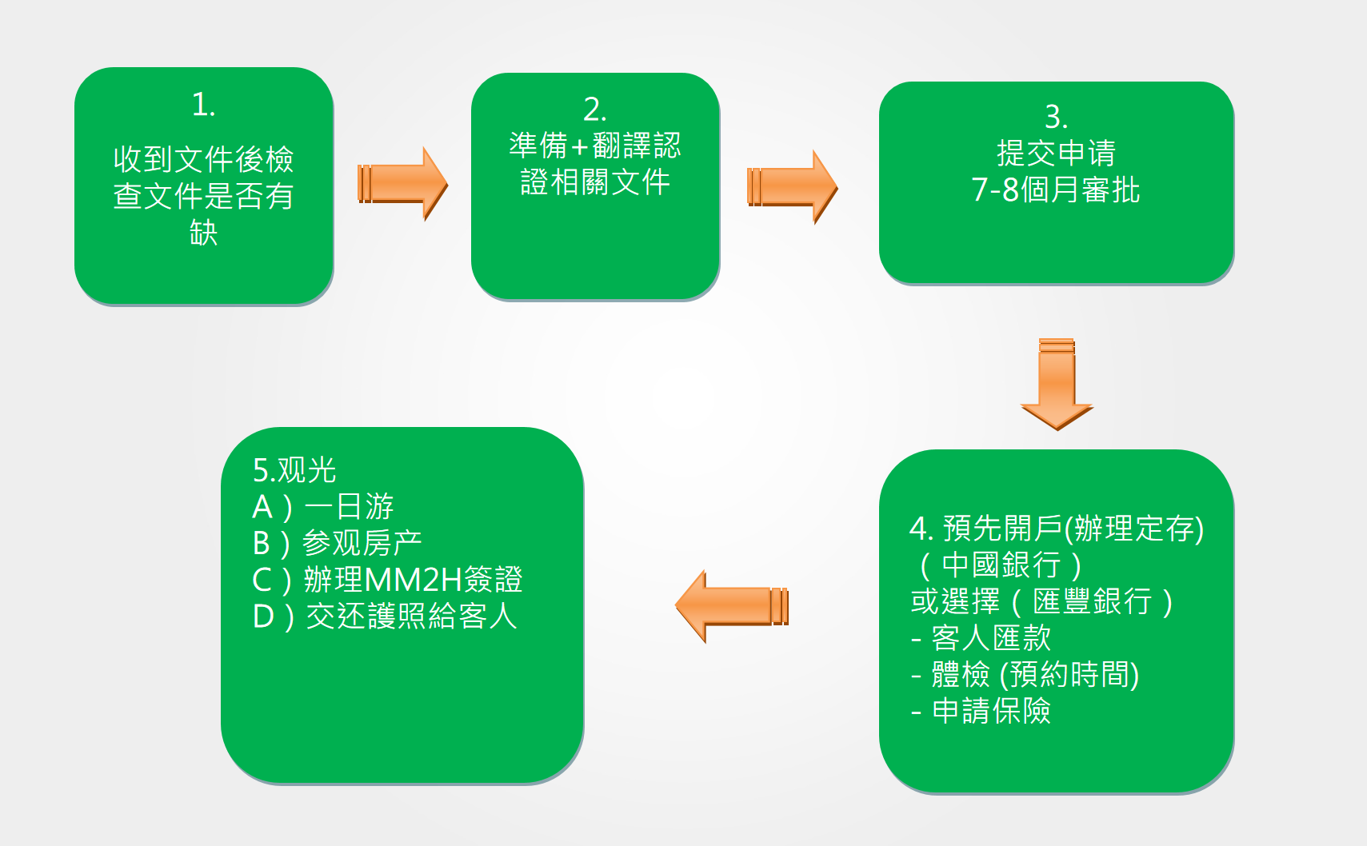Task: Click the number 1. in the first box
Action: [x=203, y=104]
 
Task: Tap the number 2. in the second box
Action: [x=595, y=110]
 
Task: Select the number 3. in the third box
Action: [x=1057, y=116]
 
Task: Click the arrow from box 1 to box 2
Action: [x=403, y=184]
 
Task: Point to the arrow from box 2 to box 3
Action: [x=792, y=186]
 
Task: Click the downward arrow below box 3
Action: [x=1057, y=385]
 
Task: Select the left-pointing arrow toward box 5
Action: [x=732, y=606]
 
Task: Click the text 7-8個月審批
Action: [x=1056, y=190]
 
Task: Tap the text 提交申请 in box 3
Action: [x=1057, y=153]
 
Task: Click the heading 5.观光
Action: [x=294, y=470]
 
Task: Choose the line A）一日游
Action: [x=323, y=507]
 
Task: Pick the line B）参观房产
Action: [x=337, y=543]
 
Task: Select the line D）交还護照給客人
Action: [x=385, y=616]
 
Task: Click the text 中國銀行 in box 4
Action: [x=1001, y=565]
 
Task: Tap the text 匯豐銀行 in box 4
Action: [x=1092, y=601]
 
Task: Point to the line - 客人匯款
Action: [x=981, y=638]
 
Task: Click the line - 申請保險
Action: [x=981, y=711]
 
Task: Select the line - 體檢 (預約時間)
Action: [x=1025, y=675]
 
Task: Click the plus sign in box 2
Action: [x=580, y=146]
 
